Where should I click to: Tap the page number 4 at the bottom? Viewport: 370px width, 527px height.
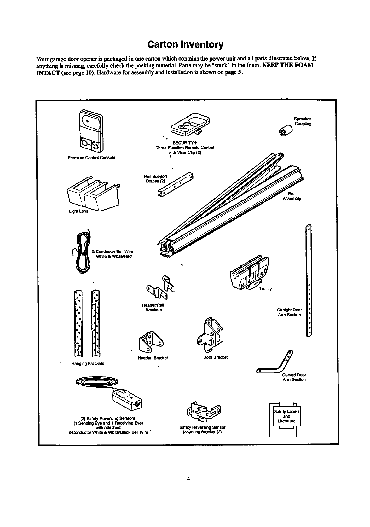click(188, 479)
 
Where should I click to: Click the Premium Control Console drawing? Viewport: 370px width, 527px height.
click(91, 130)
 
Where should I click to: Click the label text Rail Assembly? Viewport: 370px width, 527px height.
click(292, 196)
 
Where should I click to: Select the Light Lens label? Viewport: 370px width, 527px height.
click(79, 211)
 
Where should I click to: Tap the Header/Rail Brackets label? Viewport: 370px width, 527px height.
click(153, 307)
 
